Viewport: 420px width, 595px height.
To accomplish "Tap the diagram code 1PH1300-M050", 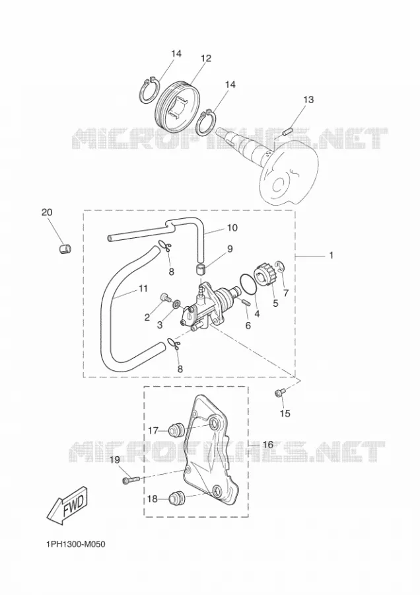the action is coord(75,545).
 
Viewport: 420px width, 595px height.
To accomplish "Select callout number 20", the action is coord(47,212).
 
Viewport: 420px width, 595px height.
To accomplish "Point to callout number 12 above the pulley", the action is coord(206,58).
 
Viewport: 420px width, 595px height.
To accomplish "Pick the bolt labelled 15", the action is coord(279,394).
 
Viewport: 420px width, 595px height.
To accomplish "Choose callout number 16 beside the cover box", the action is coord(267,444).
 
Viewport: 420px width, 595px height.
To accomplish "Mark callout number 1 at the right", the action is coord(332,255).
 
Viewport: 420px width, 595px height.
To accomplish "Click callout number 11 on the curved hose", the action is coord(143,289).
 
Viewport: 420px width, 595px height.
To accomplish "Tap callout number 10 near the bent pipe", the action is coord(232,227).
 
